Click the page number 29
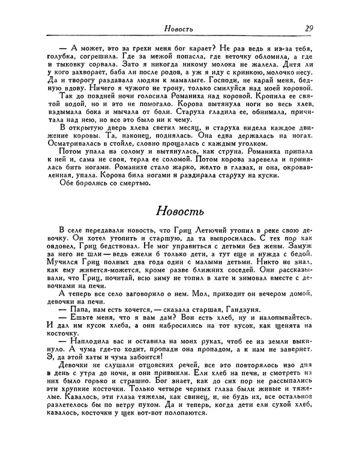308,28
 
